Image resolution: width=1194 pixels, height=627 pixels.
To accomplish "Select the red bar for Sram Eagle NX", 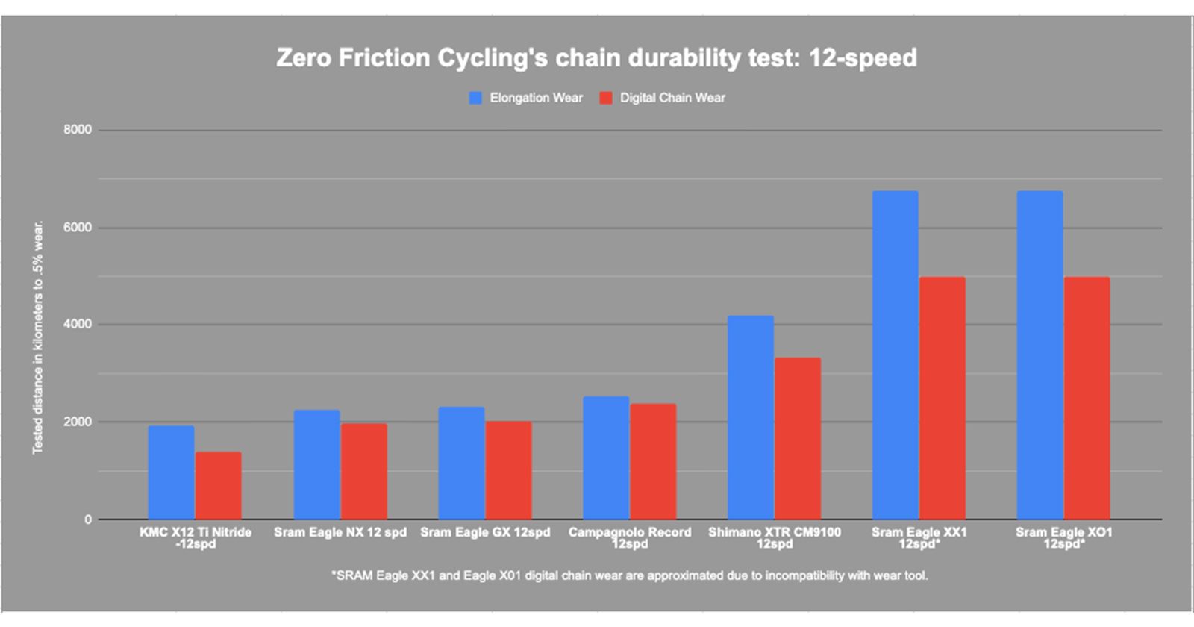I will coord(363,471).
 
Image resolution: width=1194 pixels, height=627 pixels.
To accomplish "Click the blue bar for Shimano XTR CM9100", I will coord(751,417).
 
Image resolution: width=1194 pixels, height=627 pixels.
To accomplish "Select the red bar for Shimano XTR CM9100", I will coord(798,438).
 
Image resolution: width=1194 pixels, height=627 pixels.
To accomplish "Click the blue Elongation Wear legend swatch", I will coord(475,98).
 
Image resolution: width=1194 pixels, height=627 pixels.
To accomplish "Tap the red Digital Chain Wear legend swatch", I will coord(606,98).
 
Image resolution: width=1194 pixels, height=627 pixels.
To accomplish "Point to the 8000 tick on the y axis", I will coord(78,130).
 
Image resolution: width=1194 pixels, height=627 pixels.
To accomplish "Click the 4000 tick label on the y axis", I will coord(78,325).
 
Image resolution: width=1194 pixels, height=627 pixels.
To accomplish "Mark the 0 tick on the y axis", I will coord(88,520).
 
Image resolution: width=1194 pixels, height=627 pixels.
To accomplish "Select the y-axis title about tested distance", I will coord(38,337).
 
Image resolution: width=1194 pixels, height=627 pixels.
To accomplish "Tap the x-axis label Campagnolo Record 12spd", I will coord(630,537).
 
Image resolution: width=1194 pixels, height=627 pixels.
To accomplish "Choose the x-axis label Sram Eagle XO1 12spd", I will coord(1063,537).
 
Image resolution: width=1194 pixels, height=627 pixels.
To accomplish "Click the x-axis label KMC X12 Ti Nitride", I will coord(196,537).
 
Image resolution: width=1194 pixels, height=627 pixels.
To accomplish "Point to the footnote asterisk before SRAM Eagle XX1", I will coord(334,575).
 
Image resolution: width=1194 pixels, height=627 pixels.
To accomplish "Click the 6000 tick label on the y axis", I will coord(78,228).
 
